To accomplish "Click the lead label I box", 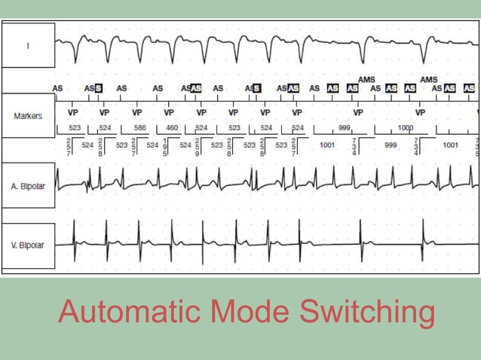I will (28, 46).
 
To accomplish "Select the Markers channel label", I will (28, 116).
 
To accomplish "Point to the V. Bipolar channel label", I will (28, 246).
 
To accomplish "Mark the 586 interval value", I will (140, 128).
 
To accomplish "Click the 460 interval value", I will (172, 128).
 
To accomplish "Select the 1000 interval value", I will (406, 128).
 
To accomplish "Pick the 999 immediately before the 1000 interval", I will (344, 128).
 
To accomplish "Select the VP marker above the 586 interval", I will (136, 110).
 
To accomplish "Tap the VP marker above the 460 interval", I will (168, 110).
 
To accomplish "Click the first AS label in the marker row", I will (57, 88).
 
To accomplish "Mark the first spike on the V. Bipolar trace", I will (74, 241).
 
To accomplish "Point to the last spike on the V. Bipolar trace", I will (424, 241).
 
